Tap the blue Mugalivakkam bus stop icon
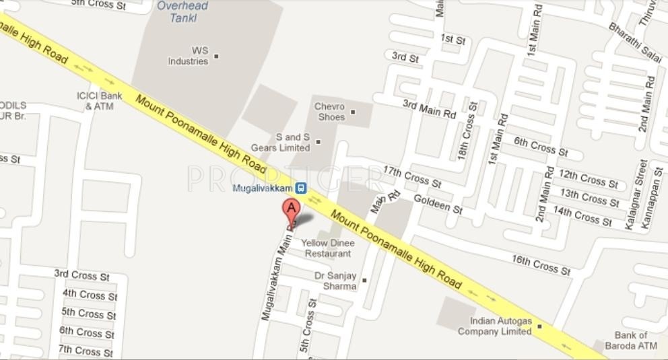[301, 188]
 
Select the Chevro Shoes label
[330, 112]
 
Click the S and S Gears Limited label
[281, 143]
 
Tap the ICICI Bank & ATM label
[100, 101]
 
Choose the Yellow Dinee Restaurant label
[328, 248]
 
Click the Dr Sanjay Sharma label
[335, 281]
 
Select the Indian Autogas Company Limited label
[496, 326]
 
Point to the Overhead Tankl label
[182, 12]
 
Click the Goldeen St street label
[438, 203]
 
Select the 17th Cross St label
[412, 176]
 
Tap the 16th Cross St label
[541, 264]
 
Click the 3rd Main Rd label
[429, 109]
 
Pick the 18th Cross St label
[467, 130]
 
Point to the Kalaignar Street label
[636, 194]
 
